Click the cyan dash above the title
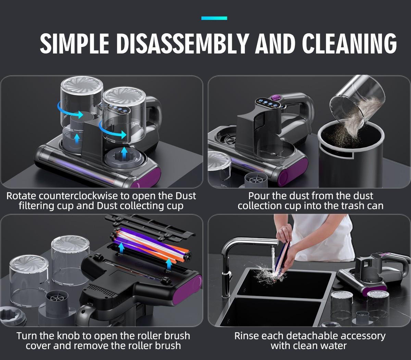coord(214,18)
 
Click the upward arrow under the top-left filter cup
coord(77,138)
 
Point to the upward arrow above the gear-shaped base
coord(125,153)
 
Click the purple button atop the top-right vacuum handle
coord(275,98)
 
